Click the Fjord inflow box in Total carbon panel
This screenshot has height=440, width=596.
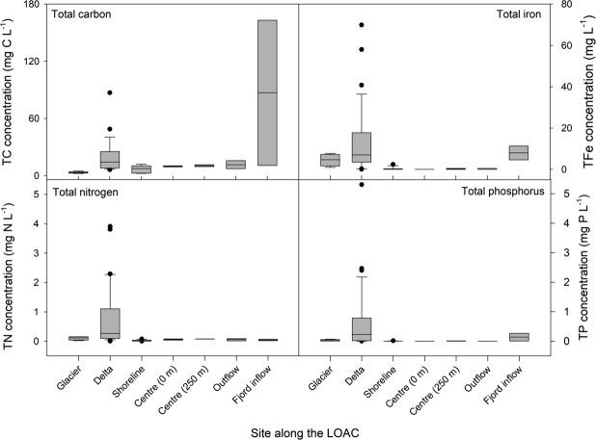[266, 92]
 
